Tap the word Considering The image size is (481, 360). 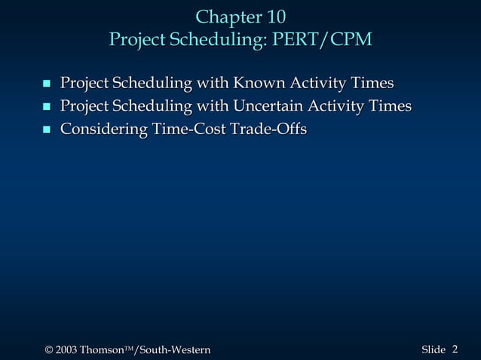pos(103,130)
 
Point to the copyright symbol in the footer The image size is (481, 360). pos(49,349)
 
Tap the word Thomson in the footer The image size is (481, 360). pos(101,349)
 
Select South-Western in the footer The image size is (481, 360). pos(173,349)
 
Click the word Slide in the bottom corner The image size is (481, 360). pos(434,349)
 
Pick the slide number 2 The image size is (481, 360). pos(455,348)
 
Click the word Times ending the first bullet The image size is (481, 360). pos(372,82)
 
